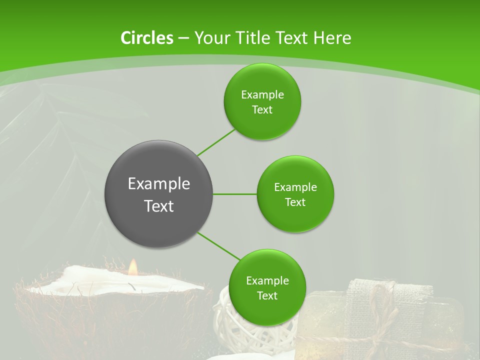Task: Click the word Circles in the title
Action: [146, 38]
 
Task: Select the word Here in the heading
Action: [333, 38]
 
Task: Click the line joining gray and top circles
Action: [216, 142]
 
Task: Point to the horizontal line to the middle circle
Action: [234, 194]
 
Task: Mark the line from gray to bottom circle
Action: [218, 245]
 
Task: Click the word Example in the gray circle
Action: [158, 183]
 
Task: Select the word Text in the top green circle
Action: [262, 109]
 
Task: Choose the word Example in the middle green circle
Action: [295, 187]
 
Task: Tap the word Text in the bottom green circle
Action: [267, 295]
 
